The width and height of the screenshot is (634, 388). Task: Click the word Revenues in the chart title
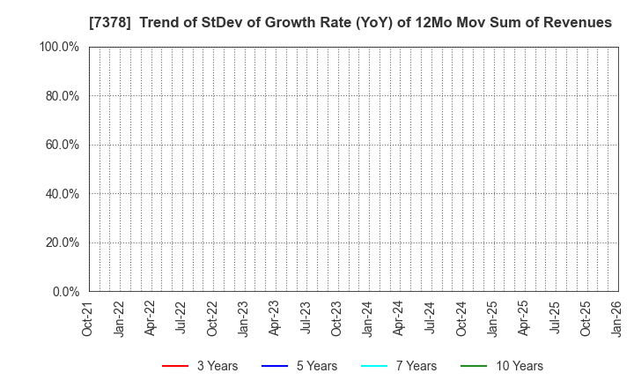coord(577,22)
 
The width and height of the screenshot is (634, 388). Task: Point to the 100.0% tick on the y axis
coord(59,47)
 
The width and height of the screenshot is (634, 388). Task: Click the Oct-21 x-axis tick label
coord(88,317)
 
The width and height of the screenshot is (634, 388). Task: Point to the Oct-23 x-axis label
coord(336,317)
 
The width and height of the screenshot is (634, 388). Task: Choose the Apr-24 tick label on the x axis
coord(398,317)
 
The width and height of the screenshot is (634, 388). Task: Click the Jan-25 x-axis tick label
coord(491,317)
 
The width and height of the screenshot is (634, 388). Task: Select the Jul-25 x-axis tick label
coord(554,317)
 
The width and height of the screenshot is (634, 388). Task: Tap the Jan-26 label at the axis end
coord(616,317)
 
